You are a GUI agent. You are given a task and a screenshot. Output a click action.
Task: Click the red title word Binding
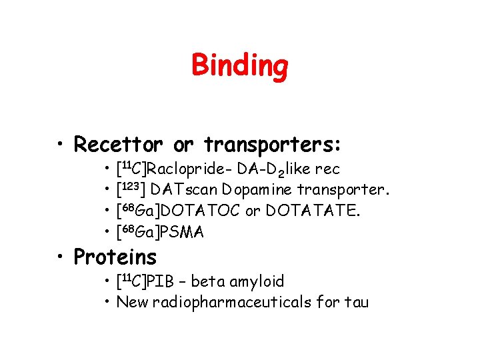pos(240,66)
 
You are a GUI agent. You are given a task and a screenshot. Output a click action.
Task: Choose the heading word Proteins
pos(115,257)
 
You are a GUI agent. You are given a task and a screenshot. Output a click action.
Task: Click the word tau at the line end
pos(355,303)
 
